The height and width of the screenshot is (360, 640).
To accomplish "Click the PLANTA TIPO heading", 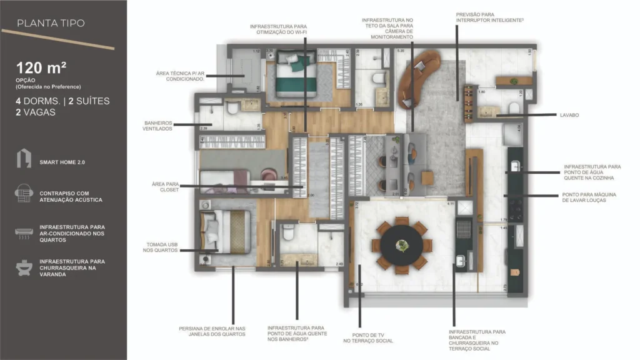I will pos(51,24).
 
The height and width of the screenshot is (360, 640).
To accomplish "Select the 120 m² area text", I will pos(42,68).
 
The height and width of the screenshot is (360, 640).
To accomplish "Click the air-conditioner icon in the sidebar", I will pos(24,232).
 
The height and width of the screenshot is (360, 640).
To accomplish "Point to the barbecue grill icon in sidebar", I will pos(24,267).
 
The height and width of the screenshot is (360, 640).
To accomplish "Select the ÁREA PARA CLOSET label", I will pos(165,187).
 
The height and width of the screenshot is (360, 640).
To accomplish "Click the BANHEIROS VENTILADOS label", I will pos(158,125).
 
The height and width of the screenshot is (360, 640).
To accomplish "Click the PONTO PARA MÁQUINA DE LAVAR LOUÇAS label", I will pos(589,197).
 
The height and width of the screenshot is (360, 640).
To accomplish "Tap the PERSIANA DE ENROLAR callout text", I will pos(212,331).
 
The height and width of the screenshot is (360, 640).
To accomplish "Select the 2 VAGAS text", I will pos(36,112).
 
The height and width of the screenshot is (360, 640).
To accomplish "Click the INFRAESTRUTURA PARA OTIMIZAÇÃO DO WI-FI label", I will pos(278,29).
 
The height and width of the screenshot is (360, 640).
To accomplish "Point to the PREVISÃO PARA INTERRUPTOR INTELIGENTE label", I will pos(489,17).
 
